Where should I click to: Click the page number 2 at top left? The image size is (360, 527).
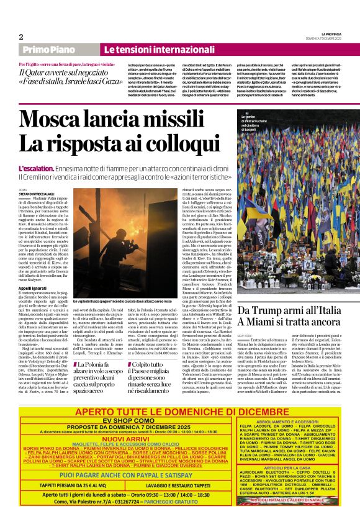pyautogui.click(x=20, y=37)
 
